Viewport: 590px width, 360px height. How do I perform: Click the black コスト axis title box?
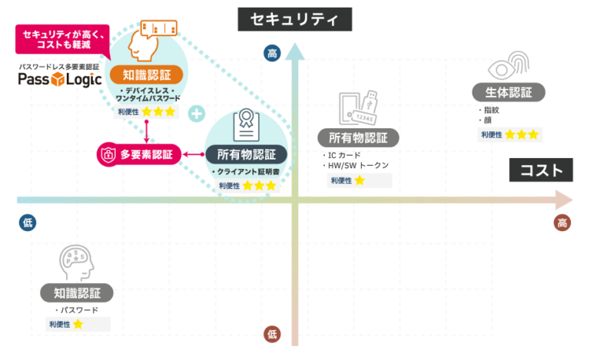(x=542, y=171)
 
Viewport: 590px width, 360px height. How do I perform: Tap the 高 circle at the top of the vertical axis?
(x=272, y=53)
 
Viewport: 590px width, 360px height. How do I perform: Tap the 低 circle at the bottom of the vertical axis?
(x=272, y=333)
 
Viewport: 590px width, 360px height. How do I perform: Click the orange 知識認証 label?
(x=147, y=74)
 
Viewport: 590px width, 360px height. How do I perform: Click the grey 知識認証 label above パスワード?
(x=77, y=292)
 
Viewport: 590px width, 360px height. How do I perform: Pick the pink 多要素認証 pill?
(x=139, y=154)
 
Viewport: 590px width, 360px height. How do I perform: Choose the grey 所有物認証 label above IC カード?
(x=358, y=138)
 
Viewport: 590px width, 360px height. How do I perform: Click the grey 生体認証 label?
(x=509, y=93)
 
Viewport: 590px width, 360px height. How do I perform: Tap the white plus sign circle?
(x=197, y=114)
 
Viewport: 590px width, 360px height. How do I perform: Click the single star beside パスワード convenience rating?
(x=78, y=325)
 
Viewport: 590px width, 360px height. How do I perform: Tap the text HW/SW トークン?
(x=358, y=166)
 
